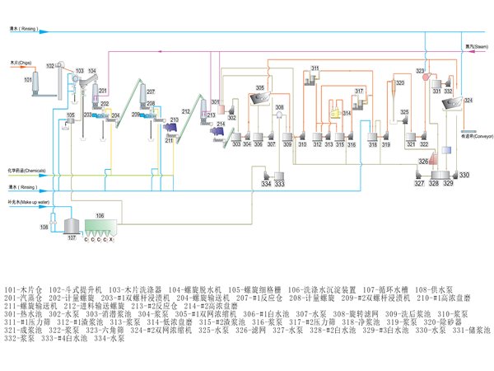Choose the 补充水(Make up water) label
[24, 202]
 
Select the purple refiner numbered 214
[220, 130]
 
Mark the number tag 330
[464, 176]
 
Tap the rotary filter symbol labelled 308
[281, 117]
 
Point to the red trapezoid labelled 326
[434, 162]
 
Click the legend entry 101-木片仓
[24, 289]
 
